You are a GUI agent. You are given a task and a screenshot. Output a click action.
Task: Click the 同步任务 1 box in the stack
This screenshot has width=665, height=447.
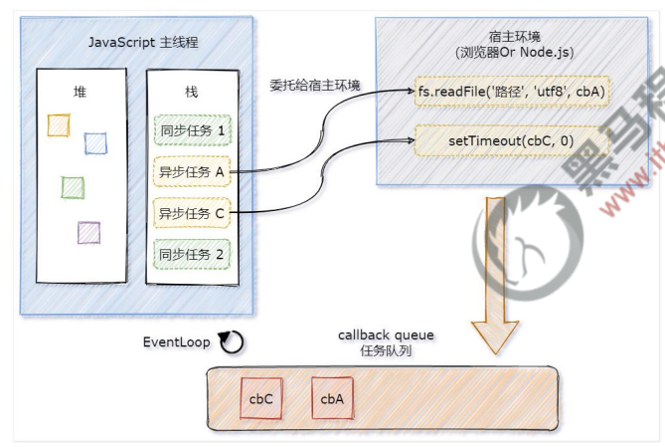pos(192,130)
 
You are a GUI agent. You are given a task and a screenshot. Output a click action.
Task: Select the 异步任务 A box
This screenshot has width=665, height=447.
pos(192,171)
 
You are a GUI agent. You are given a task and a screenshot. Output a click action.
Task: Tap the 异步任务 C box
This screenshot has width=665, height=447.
pos(192,212)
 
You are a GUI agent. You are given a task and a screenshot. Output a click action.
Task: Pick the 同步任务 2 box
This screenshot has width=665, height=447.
pos(192,253)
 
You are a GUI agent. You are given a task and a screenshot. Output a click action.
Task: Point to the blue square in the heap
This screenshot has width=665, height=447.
pos(95,143)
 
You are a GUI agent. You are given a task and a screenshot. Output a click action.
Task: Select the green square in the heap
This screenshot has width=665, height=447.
pos(73,186)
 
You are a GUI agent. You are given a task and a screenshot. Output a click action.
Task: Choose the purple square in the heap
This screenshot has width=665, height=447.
pos(88,232)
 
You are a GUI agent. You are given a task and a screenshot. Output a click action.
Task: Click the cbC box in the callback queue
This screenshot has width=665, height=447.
pos(261,398)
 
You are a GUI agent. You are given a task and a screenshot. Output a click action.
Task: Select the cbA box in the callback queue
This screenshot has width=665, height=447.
pos(332,398)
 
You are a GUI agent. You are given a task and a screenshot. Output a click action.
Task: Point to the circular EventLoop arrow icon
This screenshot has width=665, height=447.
pos(231,342)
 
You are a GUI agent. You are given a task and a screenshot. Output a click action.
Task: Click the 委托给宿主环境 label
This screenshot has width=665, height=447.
pos(310,85)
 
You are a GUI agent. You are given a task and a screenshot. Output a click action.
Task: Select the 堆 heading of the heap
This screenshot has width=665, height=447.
pos(80,91)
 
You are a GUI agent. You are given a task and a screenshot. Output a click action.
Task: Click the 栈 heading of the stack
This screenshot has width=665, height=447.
pos(191,91)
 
